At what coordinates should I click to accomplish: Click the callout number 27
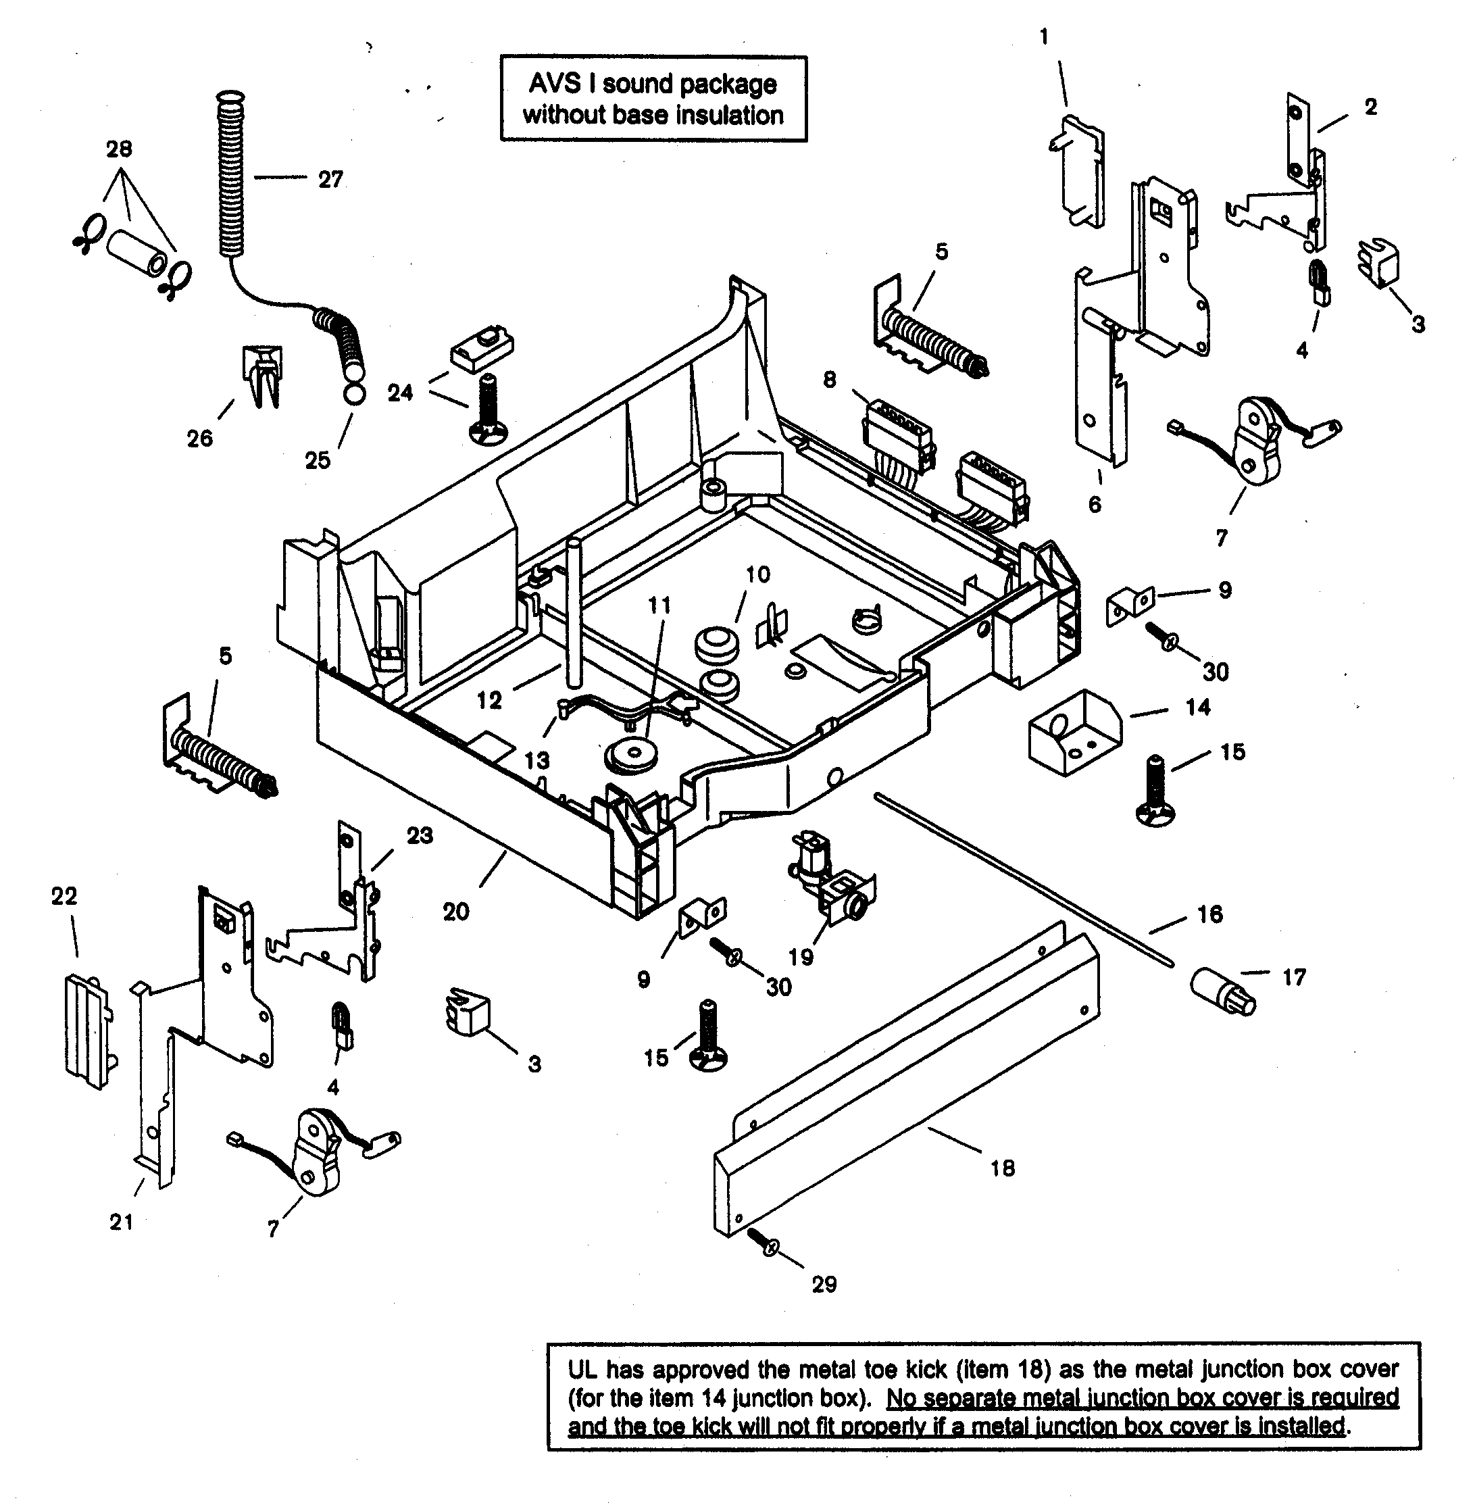[x=331, y=180]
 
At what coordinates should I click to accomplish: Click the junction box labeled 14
[x=1074, y=733]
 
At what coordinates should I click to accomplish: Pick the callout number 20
[x=456, y=912]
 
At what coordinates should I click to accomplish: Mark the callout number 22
[x=64, y=897]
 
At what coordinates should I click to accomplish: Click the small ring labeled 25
[x=353, y=393]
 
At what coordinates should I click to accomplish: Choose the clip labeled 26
[x=263, y=375]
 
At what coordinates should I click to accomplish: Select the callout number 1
[x=1045, y=37]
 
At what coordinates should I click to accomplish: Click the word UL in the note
[x=581, y=1369]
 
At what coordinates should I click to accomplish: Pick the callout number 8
[x=830, y=380]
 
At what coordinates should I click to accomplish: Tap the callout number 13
[x=537, y=760]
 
